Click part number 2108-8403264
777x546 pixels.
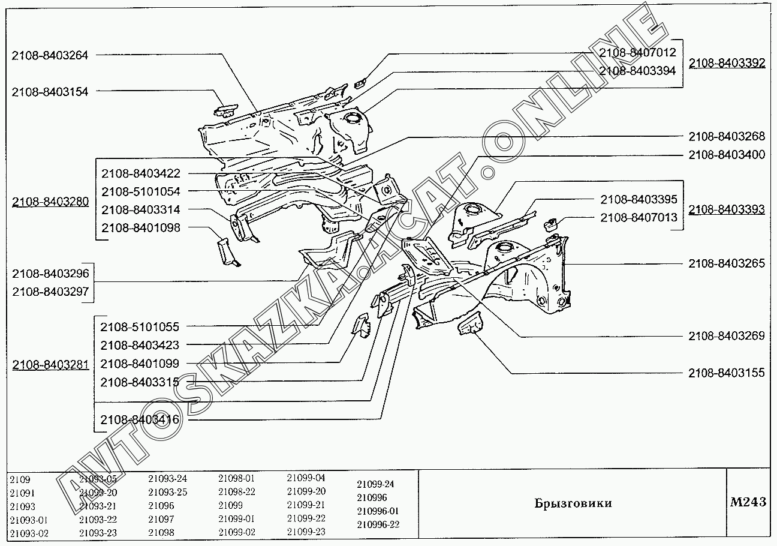pyautogui.click(x=50, y=55)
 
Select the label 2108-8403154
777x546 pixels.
pyautogui.click(x=50, y=92)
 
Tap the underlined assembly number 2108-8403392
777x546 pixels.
pyautogui.click(x=727, y=63)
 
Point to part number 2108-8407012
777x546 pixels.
pyautogui.click(x=637, y=53)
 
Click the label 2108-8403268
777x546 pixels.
pyautogui.click(x=727, y=136)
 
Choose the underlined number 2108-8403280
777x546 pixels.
pyautogui.click(x=50, y=202)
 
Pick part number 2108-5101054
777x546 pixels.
pyautogui.click(x=140, y=191)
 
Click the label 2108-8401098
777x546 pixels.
pyautogui.click(x=140, y=228)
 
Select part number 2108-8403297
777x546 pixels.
pyautogui.click(x=50, y=291)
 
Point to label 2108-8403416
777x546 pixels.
pyautogui.click(x=140, y=419)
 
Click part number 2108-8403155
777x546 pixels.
pyautogui.click(x=727, y=373)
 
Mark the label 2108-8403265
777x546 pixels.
pyautogui.click(x=727, y=263)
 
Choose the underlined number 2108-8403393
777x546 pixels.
pyautogui.click(x=727, y=209)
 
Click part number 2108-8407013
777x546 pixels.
pyautogui.click(x=639, y=218)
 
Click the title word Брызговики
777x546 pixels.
pyautogui.click(x=573, y=503)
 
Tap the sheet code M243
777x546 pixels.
pyautogui.click(x=748, y=502)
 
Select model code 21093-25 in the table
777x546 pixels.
pyautogui.click(x=168, y=492)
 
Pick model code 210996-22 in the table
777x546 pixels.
pyautogui.click(x=378, y=524)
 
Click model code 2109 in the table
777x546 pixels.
pyautogui.click(x=20, y=480)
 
